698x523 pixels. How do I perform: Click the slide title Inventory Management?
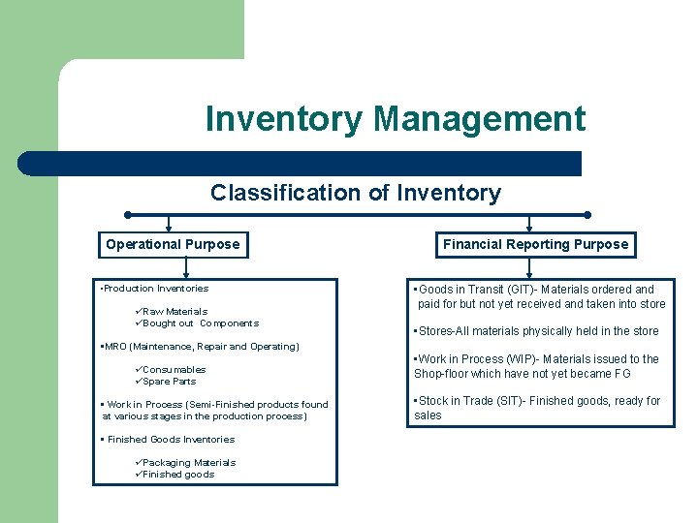point(396,119)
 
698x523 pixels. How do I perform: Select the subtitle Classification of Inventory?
point(356,193)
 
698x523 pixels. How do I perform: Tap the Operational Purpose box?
point(173,244)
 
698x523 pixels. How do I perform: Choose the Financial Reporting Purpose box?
point(535,244)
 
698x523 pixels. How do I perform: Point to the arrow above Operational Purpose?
point(170,224)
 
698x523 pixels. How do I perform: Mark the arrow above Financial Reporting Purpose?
point(529,224)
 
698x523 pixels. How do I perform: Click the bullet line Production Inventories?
point(155,289)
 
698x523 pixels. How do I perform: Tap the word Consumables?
point(174,370)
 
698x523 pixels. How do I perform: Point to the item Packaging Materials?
point(188,463)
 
